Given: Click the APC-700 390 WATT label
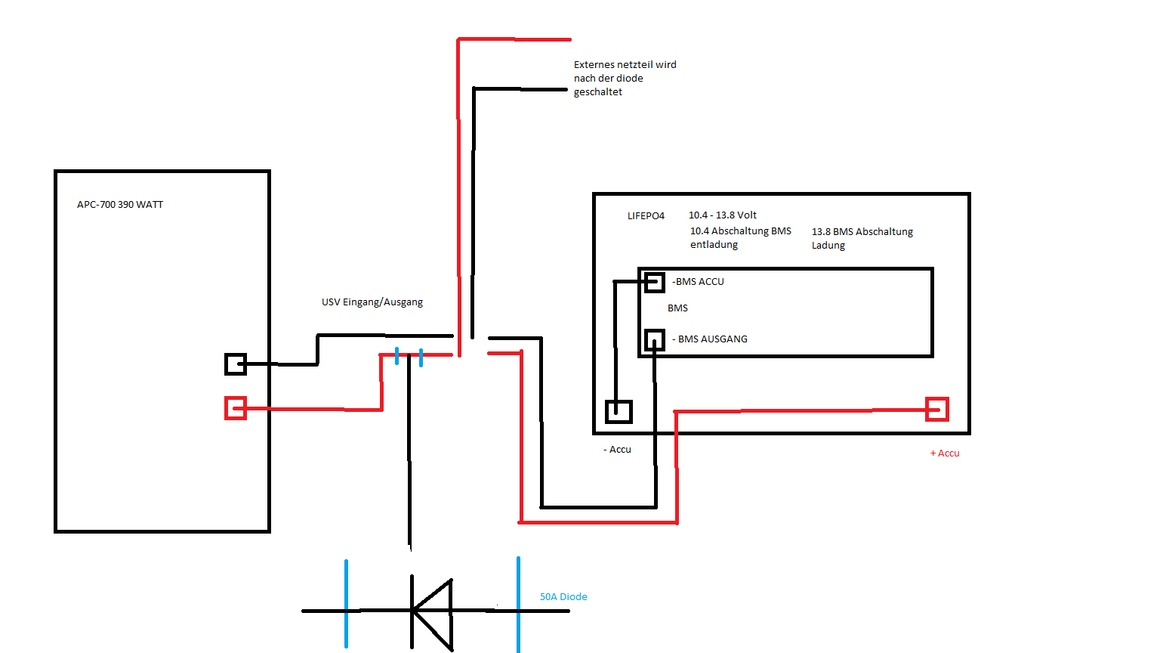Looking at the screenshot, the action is point(120,205).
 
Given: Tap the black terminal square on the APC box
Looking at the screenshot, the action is point(236,364).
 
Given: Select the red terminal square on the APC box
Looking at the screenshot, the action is point(236,408).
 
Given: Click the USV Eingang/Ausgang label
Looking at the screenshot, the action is point(372,302).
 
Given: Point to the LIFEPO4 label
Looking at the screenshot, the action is point(646,216).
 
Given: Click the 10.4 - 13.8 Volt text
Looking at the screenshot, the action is point(723,215).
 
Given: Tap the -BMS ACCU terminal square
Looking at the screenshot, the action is point(655,282).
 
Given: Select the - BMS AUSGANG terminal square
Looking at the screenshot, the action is point(655,339).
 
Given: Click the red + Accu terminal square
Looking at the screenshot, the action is point(937,409).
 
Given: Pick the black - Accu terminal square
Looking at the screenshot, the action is point(619,411).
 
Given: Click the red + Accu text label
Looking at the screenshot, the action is point(945,453).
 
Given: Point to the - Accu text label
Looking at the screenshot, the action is point(618,450).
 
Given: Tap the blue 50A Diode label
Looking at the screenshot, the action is point(563,597).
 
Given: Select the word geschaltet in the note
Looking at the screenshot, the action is point(598,92).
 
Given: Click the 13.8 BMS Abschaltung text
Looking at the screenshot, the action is point(862,232).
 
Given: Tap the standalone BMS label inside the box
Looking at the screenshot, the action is point(677,308).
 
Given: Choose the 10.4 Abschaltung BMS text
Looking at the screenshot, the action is point(741,231).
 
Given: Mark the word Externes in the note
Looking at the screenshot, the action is point(594,65).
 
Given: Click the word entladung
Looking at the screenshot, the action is point(714,245).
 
